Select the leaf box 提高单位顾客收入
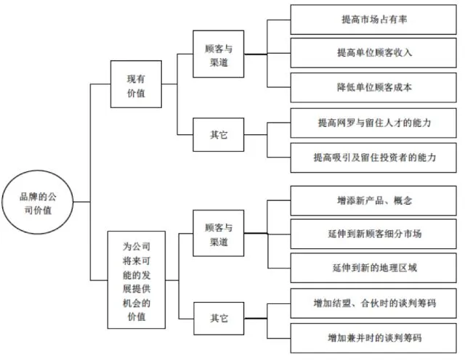375,53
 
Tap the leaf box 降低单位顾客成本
375,87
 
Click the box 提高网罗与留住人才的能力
375,123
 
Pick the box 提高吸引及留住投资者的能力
375,157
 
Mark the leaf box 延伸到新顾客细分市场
375,234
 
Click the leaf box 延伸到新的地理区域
375,268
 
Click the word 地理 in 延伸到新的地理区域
389,268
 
